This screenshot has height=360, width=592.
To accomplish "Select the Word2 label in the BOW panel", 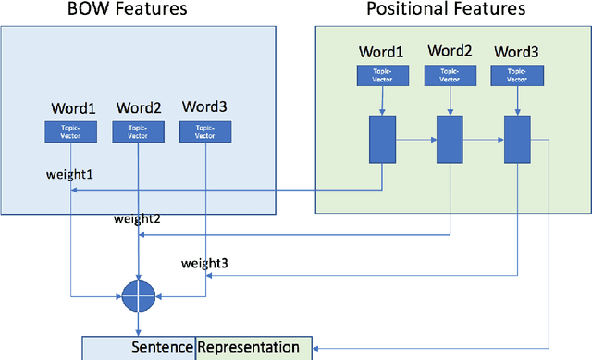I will (138, 108).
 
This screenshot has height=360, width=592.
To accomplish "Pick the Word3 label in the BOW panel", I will (204, 108).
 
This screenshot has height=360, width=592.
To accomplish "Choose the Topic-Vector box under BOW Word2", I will (138, 131).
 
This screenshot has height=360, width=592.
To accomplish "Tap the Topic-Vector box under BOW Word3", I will (204, 131).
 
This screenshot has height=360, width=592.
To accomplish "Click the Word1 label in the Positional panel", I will (381, 53).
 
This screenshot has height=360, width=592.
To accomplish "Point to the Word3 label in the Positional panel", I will (517, 53).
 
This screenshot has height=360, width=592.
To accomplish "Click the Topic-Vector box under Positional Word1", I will (381, 76).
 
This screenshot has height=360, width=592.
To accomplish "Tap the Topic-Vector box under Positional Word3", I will (517, 76).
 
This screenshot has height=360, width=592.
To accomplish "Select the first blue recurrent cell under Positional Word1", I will (381, 138).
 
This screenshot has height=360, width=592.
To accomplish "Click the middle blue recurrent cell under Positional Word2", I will (450, 138).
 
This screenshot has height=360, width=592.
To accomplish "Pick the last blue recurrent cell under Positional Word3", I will (517, 138).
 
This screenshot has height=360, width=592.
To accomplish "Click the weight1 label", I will (68, 173).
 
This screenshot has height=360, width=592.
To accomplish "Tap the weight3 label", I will (204, 264).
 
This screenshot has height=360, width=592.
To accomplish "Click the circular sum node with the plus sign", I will (138, 297).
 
